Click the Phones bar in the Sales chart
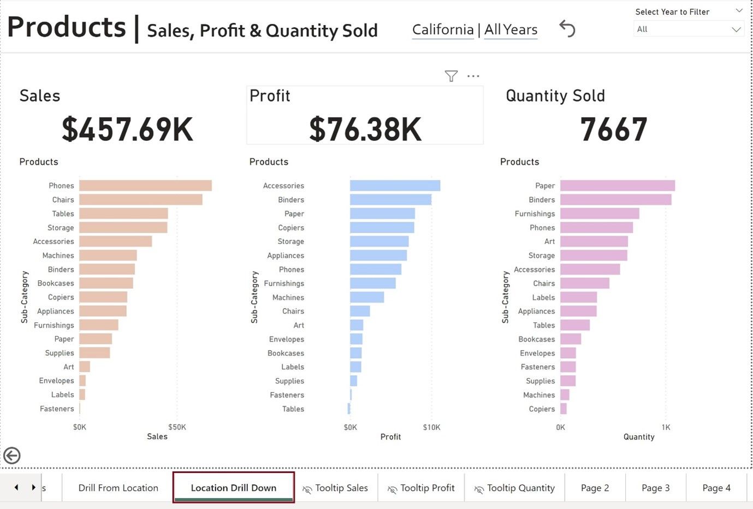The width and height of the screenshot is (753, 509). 145,186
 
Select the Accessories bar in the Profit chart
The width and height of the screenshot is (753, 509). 395,186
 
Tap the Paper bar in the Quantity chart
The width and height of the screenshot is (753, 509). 617,186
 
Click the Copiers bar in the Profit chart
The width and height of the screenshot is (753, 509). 382,228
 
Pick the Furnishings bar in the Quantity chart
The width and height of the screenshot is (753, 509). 599,214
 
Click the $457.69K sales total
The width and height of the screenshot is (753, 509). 127,129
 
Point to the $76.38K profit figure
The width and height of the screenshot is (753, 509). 365,129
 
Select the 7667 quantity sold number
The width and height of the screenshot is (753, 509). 614,129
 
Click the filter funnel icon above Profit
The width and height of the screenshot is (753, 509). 451,76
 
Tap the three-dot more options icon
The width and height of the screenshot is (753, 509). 473,76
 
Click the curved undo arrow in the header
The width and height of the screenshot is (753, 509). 567,28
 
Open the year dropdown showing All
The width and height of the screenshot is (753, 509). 689,29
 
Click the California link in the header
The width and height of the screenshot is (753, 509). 443,29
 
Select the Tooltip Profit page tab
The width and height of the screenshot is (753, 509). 421,488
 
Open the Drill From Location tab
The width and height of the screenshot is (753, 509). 118,488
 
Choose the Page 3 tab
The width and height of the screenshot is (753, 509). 655,488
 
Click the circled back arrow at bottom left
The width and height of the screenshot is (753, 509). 12,455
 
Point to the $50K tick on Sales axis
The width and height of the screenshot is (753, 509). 177,427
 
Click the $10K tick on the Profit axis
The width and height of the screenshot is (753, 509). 431,427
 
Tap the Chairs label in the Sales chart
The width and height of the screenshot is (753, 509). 63,200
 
